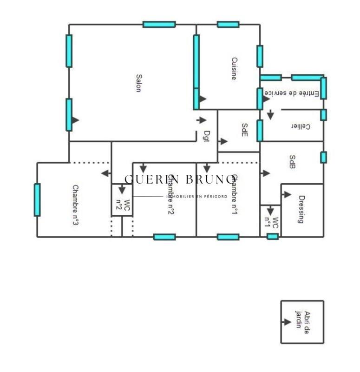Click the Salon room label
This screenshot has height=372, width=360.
pos(138,83)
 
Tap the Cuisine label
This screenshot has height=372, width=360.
pos(234,68)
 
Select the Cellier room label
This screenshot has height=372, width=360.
pos(301,126)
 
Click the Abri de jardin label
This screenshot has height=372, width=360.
pos(303,322)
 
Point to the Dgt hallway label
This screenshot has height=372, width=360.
pos(207,136)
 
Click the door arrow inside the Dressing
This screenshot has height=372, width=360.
pos(287,195)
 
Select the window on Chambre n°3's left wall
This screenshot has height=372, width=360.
pos(37,199)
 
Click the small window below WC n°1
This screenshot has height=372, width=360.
pos(273,237)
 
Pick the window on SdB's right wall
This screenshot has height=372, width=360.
pos(323,157)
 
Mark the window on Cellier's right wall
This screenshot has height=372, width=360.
pos(323,114)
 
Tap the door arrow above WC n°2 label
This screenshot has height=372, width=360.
pos(122,190)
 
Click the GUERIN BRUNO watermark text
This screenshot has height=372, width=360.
pos(180,179)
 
